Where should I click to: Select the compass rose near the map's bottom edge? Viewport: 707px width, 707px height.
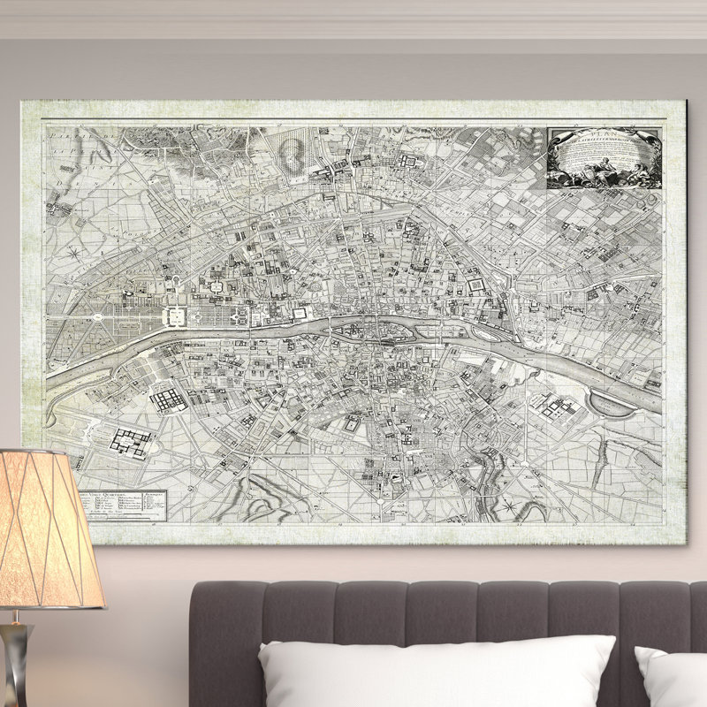point(510,506)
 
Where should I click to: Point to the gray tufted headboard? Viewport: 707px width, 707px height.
point(442,610)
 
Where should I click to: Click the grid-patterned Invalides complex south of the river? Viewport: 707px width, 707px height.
point(168,400)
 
